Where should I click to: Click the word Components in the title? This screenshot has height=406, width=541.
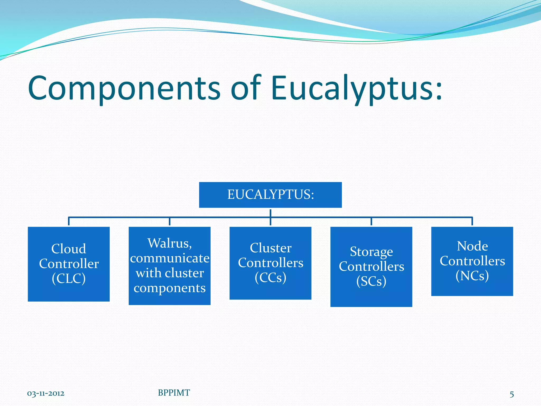point(124,89)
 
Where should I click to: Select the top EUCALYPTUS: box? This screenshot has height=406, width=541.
point(270,195)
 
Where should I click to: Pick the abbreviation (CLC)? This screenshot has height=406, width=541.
point(69,278)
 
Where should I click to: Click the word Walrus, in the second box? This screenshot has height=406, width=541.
point(170,243)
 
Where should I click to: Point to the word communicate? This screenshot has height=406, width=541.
point(170,258)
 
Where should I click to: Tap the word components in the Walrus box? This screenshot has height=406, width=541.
point(170,288)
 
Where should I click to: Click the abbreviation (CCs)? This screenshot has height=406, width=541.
point(270,278)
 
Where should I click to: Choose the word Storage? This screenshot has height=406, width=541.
point(371,252)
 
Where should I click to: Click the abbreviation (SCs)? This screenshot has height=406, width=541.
point(371,281)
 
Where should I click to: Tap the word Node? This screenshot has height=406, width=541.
point(472,246)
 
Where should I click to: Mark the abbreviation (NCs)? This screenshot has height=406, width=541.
point(472,276)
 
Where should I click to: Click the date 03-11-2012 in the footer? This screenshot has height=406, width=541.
point(46,394)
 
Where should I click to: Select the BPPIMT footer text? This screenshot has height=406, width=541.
point(174,393)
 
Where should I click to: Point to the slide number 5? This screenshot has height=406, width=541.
point(512,394)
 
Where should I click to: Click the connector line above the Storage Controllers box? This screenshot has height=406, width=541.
point(371,221)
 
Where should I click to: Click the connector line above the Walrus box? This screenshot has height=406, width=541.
point(170,221)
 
